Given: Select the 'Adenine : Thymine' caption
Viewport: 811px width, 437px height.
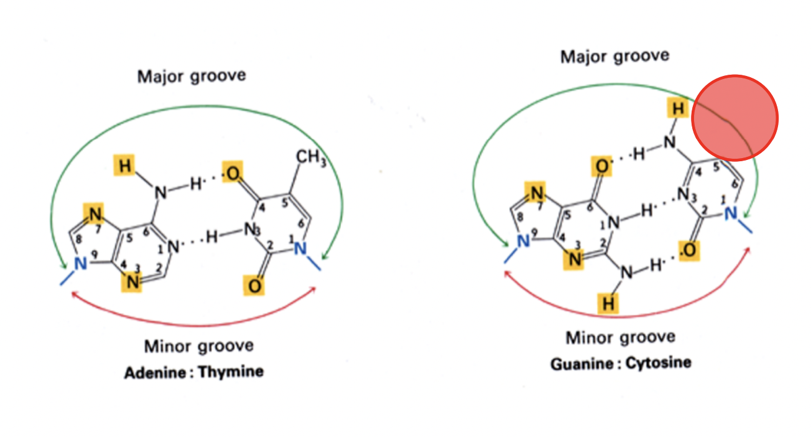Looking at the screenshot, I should click(193, 372).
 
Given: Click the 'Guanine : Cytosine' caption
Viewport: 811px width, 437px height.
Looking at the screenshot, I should click(620, 363).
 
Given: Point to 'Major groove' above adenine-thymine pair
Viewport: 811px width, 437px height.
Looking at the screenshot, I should click(192, 77).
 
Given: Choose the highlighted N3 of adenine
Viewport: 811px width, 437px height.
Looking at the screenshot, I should click(132, 281).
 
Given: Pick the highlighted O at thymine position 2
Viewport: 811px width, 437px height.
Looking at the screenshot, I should click(254, 286).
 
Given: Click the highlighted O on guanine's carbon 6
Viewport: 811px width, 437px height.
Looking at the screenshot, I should click(601, 166).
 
